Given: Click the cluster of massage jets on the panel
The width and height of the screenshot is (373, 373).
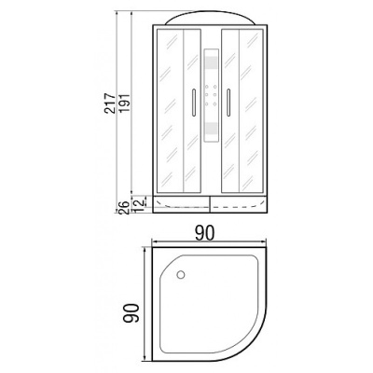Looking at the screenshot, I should point(212,94).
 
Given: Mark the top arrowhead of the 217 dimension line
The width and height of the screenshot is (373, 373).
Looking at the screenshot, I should point(117,15).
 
